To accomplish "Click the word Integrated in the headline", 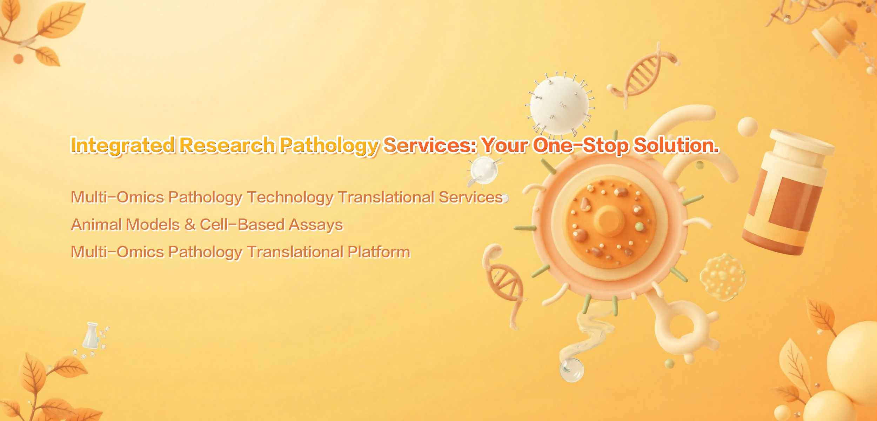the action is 123,146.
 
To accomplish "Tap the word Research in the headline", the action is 227,145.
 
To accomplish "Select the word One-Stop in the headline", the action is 581,145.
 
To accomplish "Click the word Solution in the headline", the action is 676,145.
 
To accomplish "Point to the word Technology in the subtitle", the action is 290,198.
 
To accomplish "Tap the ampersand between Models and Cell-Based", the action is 190,225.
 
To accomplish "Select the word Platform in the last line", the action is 379,252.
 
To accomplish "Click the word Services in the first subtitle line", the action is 471,197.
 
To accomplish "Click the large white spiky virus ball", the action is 560,105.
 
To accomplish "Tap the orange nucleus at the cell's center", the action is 610,221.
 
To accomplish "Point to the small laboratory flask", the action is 92,336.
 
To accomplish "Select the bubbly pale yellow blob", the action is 723,277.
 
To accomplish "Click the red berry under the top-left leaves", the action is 18,59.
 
